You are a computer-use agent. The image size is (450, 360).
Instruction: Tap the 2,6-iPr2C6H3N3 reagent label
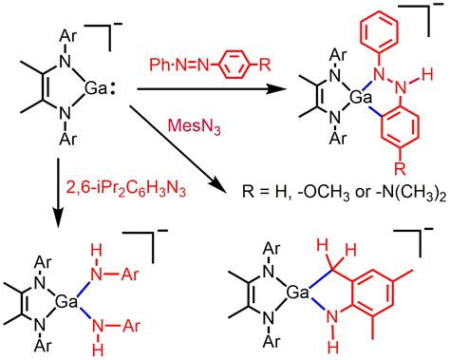click(92, 176)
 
